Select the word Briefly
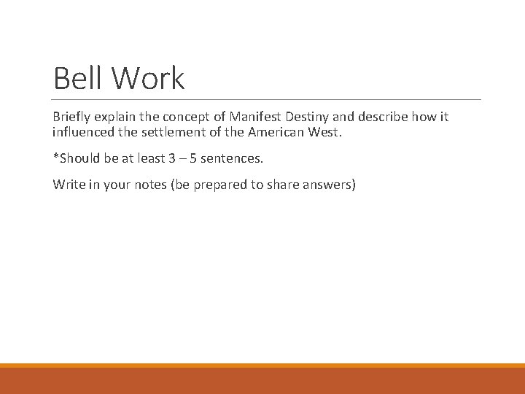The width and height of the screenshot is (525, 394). [71, 117]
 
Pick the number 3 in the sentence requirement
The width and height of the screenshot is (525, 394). [172, 158]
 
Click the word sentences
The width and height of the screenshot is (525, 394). [232, 158]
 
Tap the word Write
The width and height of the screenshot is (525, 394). [68, 184]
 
